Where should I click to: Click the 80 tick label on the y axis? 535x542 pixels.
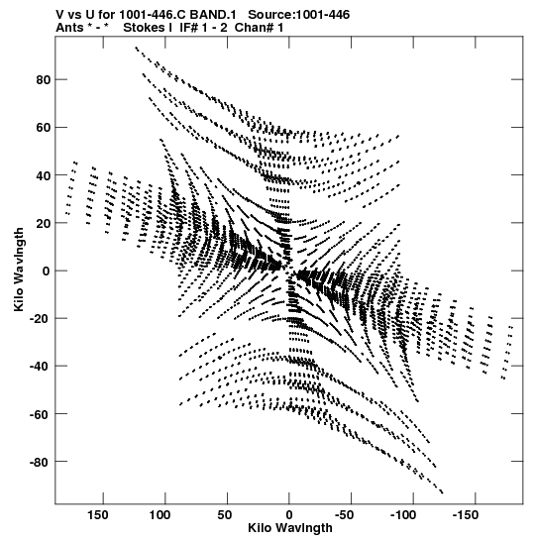point(44,80)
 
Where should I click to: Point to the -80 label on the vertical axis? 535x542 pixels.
point(40,462)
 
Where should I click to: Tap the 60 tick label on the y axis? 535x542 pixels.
point(44,128)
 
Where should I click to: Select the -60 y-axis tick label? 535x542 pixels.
point(40,414)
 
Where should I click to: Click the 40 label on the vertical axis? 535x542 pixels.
point(44,175)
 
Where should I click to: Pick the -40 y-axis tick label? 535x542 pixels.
point(40,366)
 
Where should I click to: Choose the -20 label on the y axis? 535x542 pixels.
point(40,318)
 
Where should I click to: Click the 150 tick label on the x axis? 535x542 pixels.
point(98,515)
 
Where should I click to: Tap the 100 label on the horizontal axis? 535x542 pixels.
point(160,515)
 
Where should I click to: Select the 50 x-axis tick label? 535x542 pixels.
point(225,515)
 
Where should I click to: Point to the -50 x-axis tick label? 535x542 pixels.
point(344,515)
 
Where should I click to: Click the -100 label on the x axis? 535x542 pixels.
point(403,515)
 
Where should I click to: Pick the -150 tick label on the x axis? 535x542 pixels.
point(466,515)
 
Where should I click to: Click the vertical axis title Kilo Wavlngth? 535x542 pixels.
point(19,270)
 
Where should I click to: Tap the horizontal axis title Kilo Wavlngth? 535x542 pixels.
point(290,528)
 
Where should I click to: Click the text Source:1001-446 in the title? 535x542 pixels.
point(299,15)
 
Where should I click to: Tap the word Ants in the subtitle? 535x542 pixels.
point(69,28)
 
